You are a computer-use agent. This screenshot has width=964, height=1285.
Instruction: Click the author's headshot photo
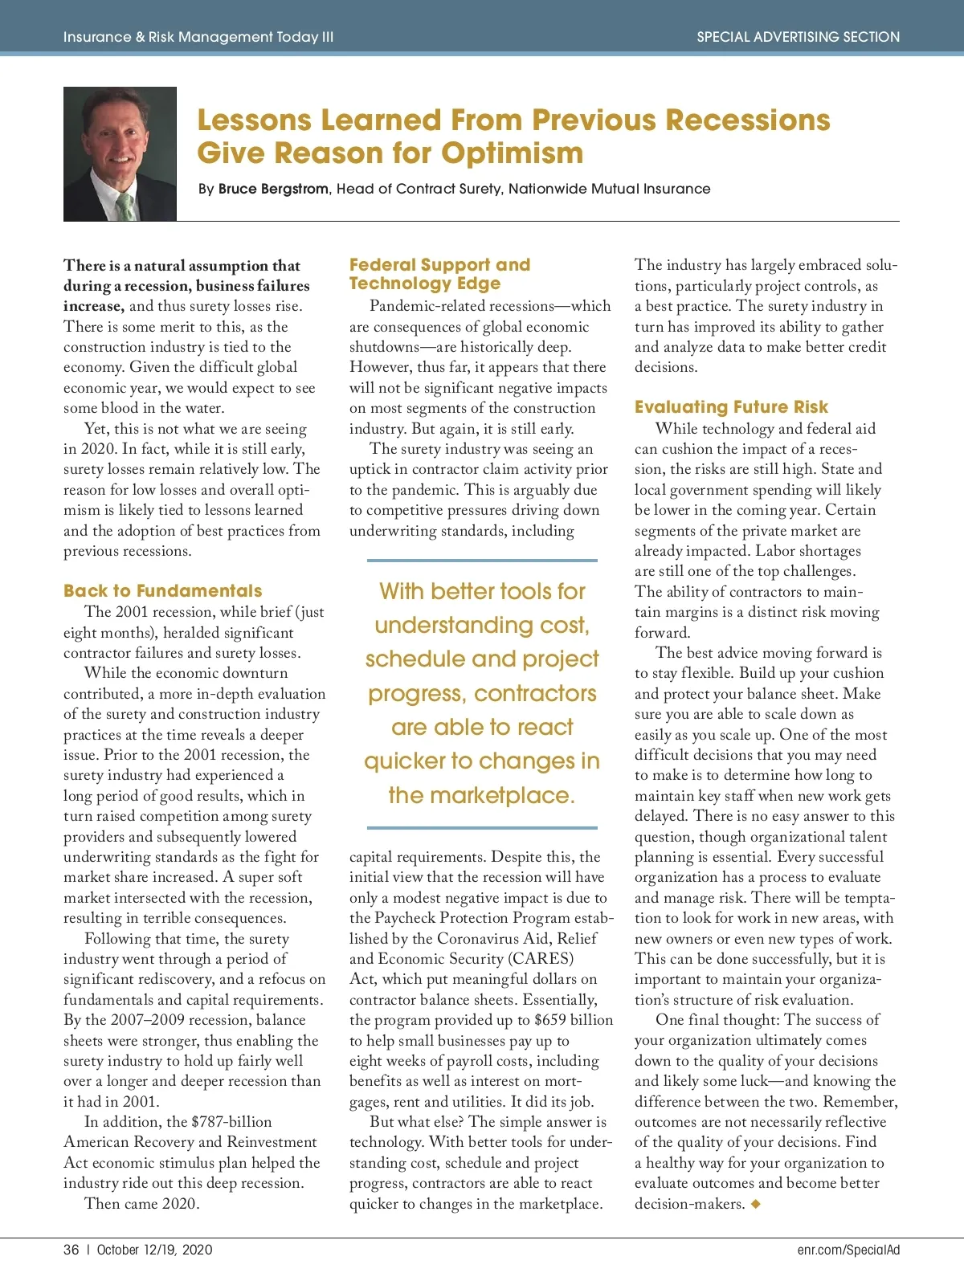coord(120,153)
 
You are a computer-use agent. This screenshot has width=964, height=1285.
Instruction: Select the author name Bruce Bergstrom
coord(273,189)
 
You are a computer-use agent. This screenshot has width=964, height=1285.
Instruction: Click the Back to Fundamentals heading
coord(162,591)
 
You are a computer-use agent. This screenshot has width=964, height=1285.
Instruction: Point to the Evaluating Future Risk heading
coord(731,407)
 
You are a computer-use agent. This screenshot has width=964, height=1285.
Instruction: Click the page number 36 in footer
coord(71,1250)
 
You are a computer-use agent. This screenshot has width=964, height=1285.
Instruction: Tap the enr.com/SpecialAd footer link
coord(848,1250)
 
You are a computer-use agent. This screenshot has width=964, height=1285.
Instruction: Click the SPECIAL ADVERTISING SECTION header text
coord(798,37)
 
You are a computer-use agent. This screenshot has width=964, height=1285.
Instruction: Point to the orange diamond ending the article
coord(755,1204)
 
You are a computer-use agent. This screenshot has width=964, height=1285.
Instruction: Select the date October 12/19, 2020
coord(154,1250)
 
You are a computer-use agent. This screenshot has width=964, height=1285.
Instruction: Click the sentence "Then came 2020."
coord(142,1204)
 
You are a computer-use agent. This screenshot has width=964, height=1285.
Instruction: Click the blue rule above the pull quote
coord(482,561)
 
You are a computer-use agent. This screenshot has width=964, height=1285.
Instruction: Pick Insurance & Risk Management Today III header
coord(198,37)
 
